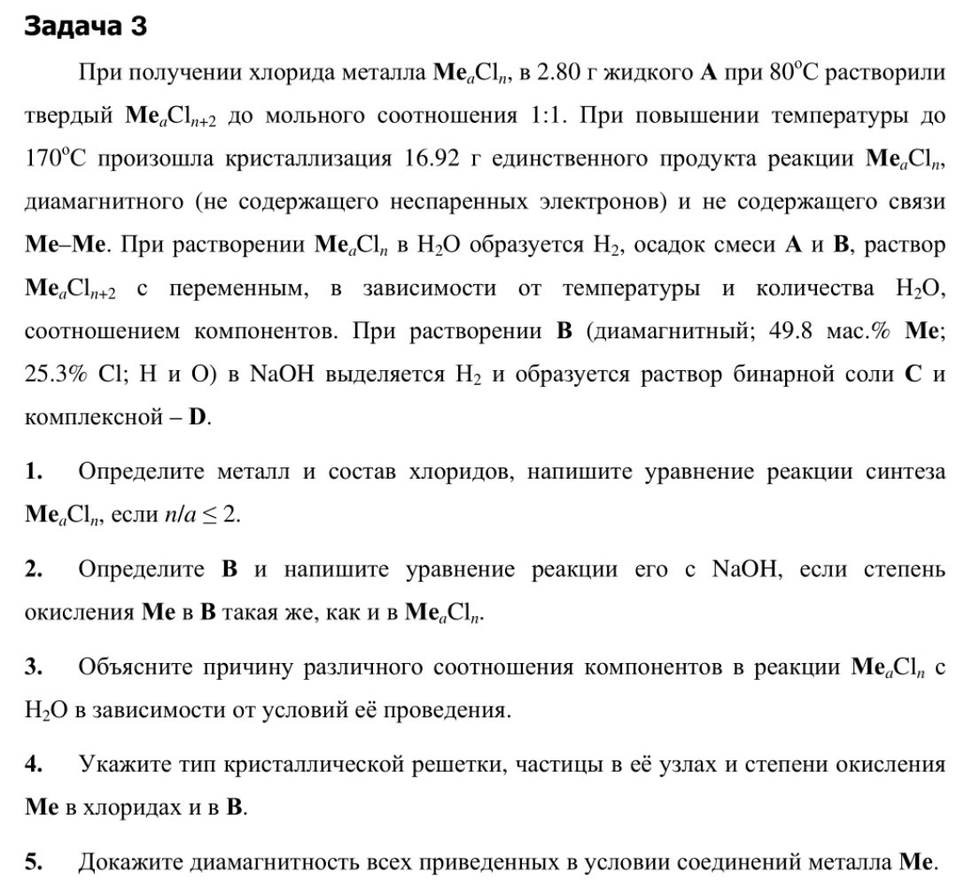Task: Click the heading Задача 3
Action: coord(85,27)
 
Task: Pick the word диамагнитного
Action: coord(103,202)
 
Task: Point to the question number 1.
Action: coord(34,472)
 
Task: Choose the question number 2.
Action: coord(34,569)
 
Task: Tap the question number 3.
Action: coord(34,667)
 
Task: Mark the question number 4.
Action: coord(34,764)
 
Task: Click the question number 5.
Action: coord(34,861)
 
